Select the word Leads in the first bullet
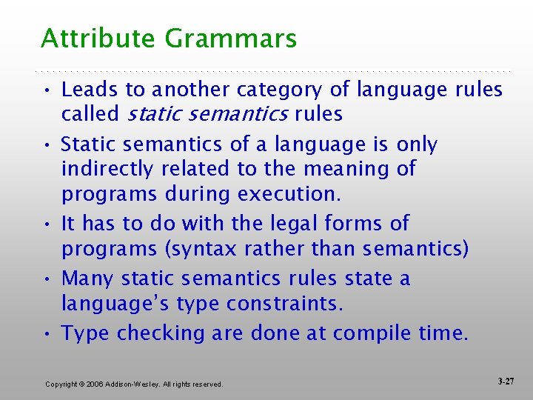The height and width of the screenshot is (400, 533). click(90, 90)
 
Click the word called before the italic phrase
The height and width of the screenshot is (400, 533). click(90, 114)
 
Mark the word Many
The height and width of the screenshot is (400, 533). click(88, 279)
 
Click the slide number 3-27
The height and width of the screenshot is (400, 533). click(506, 381)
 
